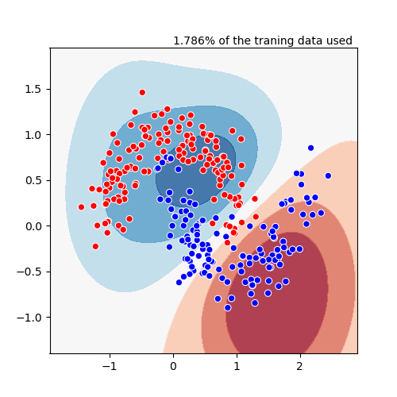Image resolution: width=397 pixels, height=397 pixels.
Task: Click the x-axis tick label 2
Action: [x=299, y=367]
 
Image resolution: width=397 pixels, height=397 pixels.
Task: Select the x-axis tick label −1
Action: [x=109, y=367]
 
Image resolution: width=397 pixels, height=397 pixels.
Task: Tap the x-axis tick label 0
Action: [x=173, y=367]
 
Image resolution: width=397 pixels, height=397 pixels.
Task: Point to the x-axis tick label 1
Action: [x=237, y=367]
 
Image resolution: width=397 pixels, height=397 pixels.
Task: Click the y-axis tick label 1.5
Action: [x=33, y=89]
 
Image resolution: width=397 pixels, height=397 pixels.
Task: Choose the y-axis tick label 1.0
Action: [x=33, y=134]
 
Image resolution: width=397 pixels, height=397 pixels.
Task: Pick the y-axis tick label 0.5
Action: [x=33, y=180]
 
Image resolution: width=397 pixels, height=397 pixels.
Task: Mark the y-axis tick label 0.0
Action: [x=33, y=225]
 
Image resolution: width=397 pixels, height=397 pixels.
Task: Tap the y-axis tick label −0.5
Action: [x=29, y=272]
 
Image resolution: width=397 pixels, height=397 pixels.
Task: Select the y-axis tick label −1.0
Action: [x=29, y=317]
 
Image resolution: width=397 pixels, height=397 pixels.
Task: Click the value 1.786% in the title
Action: [x=191, y=40]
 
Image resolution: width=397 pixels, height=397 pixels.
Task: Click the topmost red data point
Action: [x=142, y=92]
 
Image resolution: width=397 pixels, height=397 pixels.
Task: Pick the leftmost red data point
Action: [x=81, y=206]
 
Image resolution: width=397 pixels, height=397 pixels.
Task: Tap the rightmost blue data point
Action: [x=328, y=175]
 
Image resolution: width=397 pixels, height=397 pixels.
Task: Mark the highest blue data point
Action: [x=310, y=148]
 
